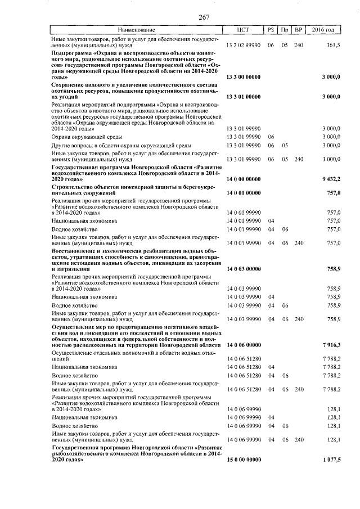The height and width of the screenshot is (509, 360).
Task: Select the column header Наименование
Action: (137, 29)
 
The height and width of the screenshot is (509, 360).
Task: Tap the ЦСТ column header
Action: (243, 29)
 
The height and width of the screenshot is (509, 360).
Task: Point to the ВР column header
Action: (298, 29)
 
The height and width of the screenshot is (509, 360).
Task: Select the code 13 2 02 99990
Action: (243, 44)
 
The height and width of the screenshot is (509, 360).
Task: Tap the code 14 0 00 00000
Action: (243, 179)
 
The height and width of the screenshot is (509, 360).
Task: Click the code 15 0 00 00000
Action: (243, 460)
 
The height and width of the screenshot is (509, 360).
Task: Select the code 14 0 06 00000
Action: (243, 344)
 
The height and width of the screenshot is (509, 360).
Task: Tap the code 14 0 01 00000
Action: (243, 193)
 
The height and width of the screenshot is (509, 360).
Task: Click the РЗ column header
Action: (271, 29)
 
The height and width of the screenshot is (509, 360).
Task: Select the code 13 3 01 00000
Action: (243, 97)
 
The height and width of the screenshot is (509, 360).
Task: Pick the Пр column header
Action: (285, 29)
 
